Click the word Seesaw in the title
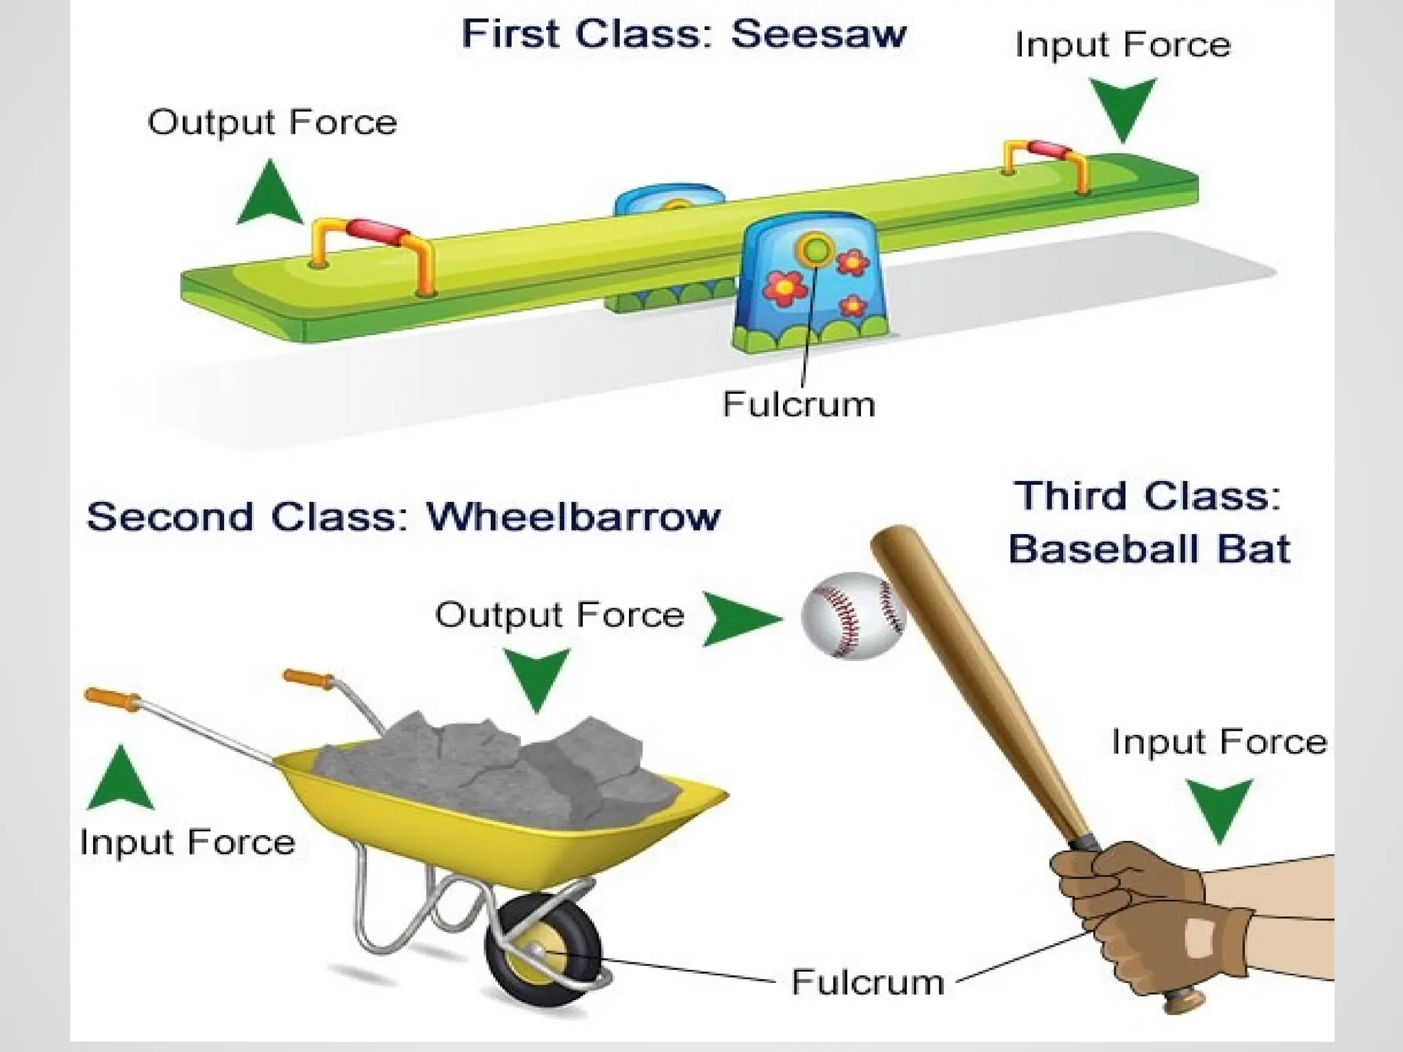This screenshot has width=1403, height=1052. [x=819, y=34]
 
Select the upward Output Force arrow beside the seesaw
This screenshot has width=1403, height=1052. [x=270, y=195]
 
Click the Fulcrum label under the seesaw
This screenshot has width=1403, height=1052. [x=799, y=405]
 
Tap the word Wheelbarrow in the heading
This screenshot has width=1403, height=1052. [x=573, y=516]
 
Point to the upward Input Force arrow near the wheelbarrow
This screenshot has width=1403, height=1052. [x=121, y=778]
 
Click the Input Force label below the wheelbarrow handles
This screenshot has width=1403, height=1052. [x=187, y=842]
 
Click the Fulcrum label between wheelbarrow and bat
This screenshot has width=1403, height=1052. [x=867, y=982]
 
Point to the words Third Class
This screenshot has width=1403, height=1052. [x=1147, y=496]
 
